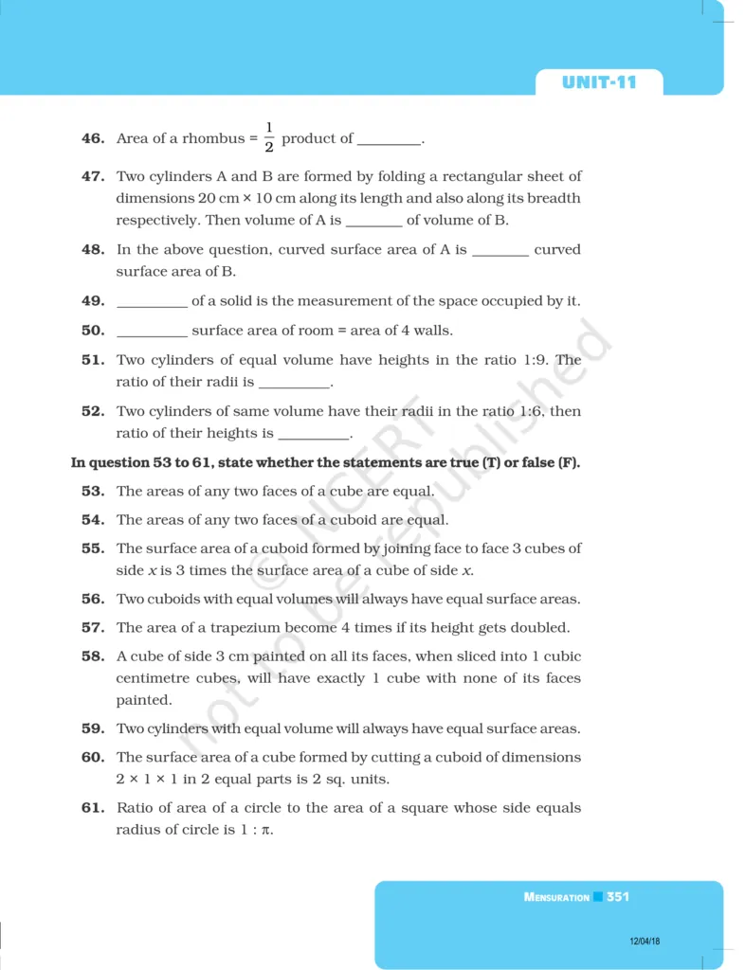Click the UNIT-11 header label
[x=598, y=82]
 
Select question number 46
[x=92, y=138]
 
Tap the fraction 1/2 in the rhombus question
[x=269, y=137]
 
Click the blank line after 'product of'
[x=389, y=140]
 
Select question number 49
[x=92, y=301]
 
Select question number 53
[x=92, y=492]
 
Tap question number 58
[x=92, y=656]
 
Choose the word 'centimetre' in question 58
[x=155, y=678]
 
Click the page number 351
[x=618, y=896]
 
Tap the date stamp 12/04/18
[x=645, y=941]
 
